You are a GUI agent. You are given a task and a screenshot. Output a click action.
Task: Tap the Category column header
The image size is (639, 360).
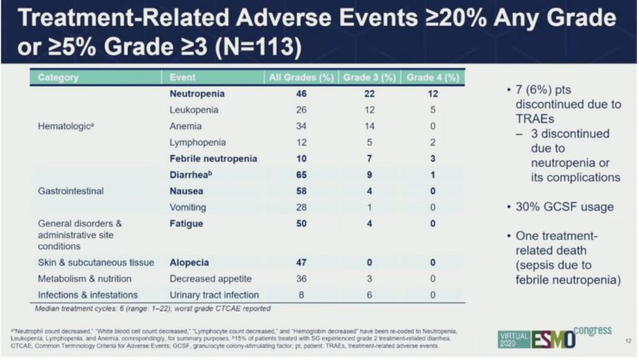coord(58,77)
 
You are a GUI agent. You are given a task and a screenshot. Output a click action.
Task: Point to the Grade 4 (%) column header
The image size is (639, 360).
coord(434,77)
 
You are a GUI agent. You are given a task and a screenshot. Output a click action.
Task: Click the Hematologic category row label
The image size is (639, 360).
coord(67,126)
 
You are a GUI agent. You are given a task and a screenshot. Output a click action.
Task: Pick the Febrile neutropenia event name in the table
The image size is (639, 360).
coord(215,158)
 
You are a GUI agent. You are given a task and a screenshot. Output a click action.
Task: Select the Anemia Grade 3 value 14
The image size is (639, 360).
coord(370,126)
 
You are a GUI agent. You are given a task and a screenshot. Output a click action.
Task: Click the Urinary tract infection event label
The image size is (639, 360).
coord(214,295)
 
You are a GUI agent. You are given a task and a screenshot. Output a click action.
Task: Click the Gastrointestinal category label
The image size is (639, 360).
coord(71,192)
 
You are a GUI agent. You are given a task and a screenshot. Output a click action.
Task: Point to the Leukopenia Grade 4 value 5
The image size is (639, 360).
coord(434,110)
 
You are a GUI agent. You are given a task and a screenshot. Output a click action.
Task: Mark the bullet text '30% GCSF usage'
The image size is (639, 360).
coord(563,208)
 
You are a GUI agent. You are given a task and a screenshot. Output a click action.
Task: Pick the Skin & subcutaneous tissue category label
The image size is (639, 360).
coord(96,263)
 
